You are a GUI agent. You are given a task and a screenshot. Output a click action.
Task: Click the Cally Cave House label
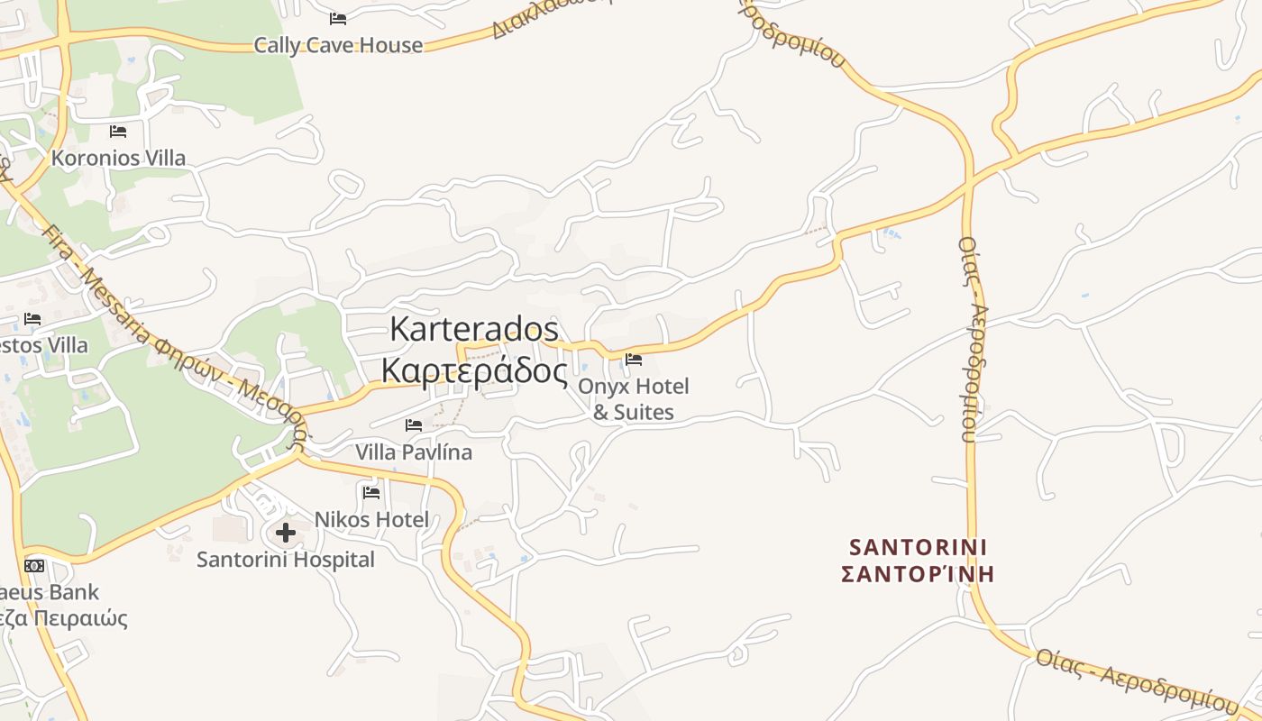[338, 45]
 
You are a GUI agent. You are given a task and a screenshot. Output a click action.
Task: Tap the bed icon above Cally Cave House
[338, 18]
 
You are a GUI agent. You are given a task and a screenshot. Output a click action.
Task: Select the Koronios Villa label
[118, 158]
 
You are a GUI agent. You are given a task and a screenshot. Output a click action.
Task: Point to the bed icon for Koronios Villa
[118, 132]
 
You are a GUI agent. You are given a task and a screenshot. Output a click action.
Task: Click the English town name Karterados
[474, 329]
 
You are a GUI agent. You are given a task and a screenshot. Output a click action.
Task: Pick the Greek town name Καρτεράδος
[474, 370]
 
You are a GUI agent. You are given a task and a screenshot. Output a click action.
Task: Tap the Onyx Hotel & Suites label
[634, 399]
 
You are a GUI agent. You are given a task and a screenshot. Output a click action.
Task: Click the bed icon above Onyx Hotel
[634, 360]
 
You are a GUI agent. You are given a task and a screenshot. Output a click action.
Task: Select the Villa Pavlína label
[414, 452]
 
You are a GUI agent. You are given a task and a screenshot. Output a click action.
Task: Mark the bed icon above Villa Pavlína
[414, 424]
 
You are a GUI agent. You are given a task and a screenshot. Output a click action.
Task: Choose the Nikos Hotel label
[371, 519]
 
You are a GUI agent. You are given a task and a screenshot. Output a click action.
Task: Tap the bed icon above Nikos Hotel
[371, 492]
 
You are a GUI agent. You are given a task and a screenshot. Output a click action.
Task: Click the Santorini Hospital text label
[286, 560]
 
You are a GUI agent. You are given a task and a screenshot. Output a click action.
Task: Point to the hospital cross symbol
[286, 533]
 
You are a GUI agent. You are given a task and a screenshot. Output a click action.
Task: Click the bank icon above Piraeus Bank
[34, 566]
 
